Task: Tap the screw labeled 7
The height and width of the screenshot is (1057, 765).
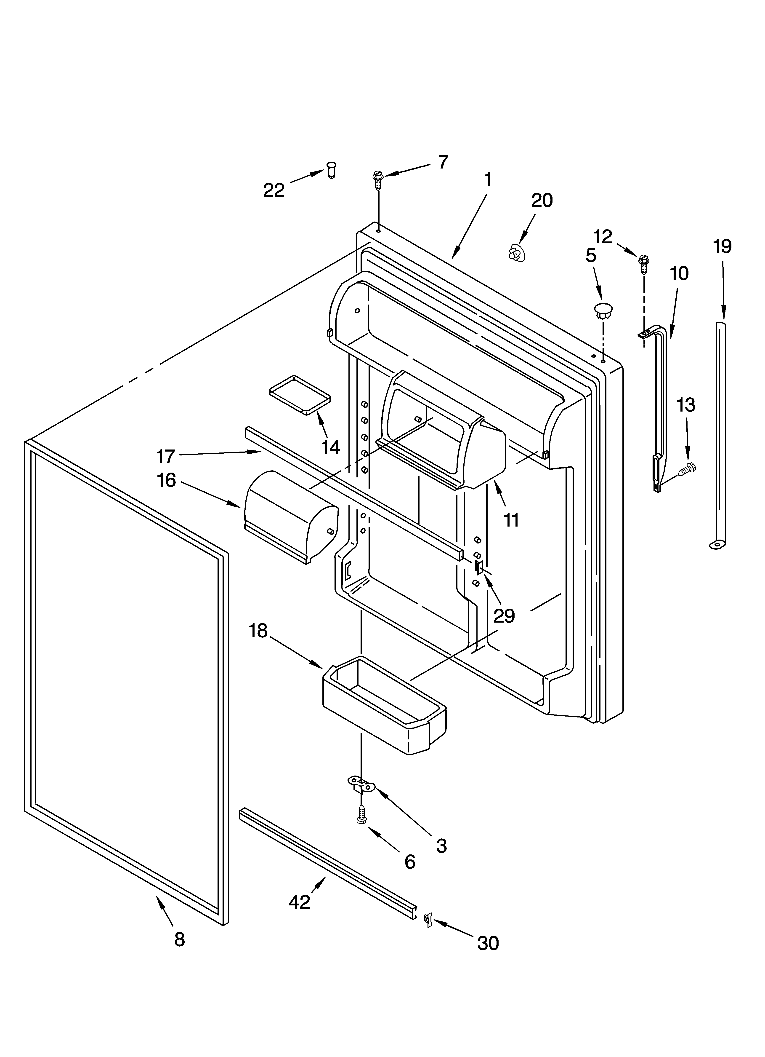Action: pos(377,179)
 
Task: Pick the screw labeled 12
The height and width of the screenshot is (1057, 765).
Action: pos(643,263)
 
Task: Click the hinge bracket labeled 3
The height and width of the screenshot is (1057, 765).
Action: pos(361,784)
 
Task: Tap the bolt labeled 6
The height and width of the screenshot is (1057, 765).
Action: pos(361,816)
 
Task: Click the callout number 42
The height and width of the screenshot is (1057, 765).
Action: pos(299,902)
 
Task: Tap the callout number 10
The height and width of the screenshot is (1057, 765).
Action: pos(679,274)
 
